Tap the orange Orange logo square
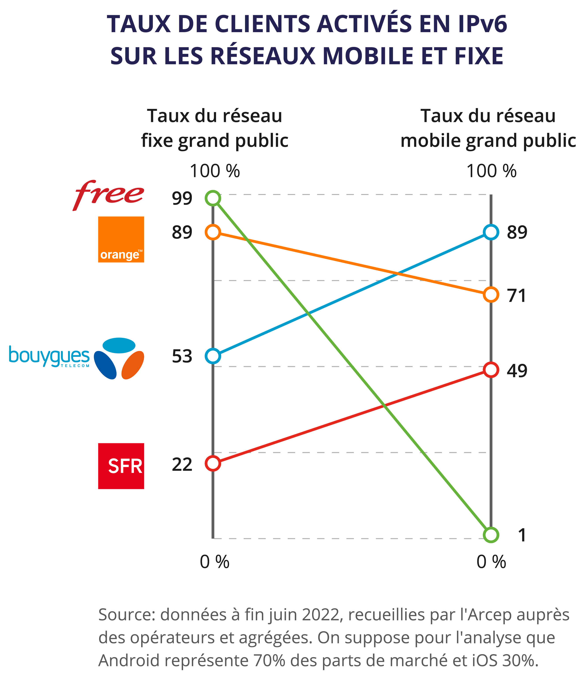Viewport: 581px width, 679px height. pos(121,239)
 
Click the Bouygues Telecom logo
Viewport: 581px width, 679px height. pos(76,358)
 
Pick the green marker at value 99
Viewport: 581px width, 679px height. pos(213,198)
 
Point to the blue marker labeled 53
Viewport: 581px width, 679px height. pos(213,356)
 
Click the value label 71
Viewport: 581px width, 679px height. pos(516,296)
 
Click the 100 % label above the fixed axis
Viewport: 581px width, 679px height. pos(215,171)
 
